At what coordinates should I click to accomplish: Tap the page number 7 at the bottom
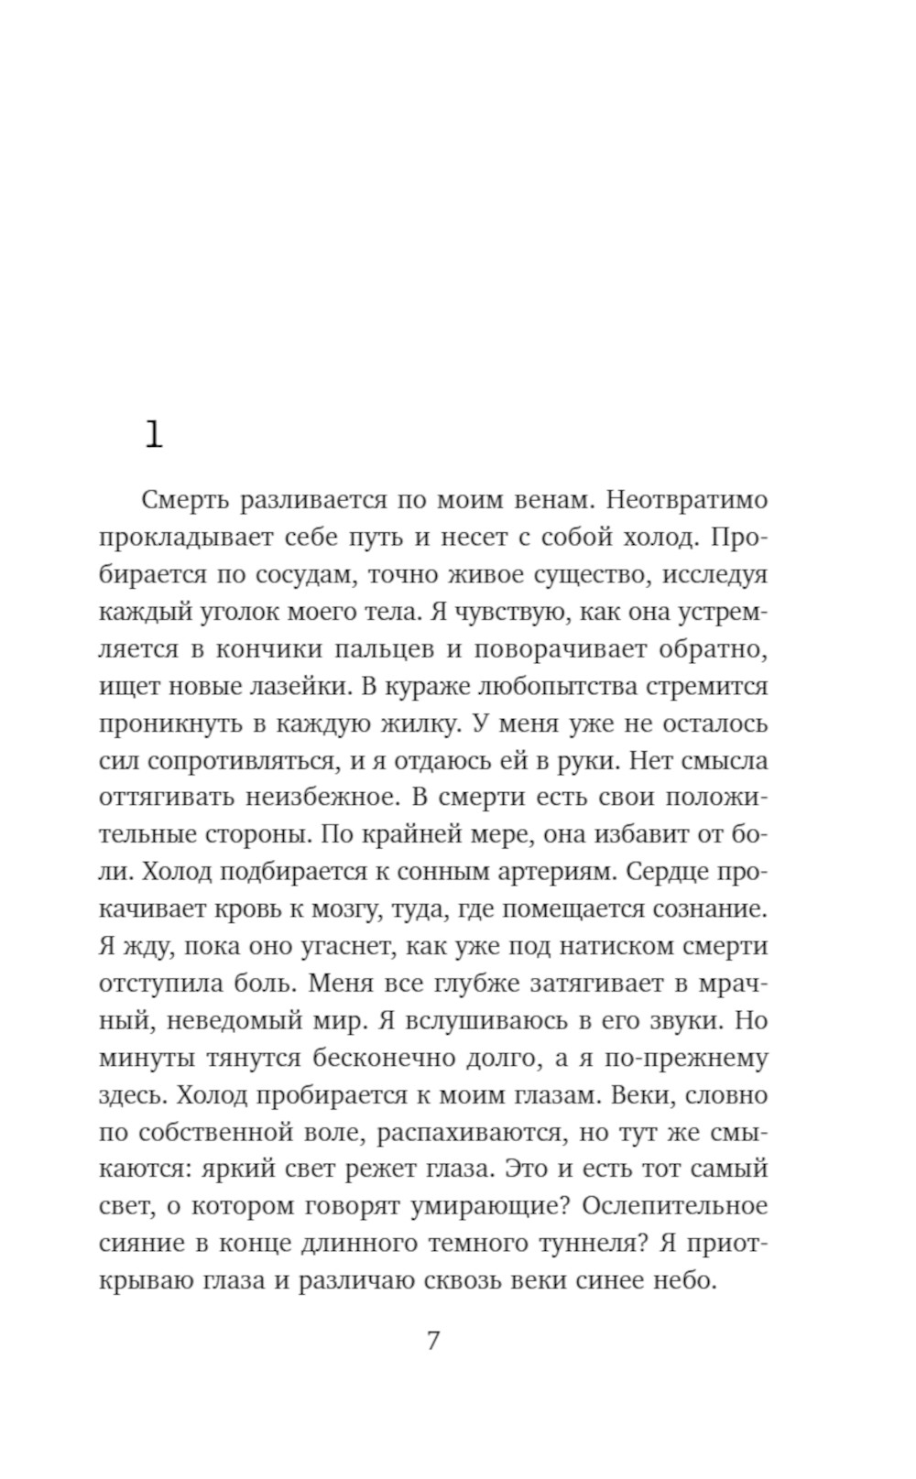433,1341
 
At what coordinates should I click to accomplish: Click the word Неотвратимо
687,500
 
